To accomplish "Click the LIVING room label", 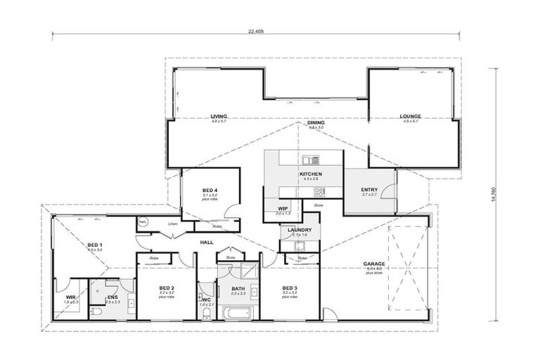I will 219,117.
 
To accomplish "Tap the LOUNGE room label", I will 410,117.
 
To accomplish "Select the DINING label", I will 316,123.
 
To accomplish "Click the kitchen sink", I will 311,160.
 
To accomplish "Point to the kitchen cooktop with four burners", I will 319,191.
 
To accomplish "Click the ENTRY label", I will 369,190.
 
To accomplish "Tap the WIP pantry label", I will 283,209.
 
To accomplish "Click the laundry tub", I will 298,245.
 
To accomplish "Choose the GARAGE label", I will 373,265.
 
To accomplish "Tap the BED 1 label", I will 95,245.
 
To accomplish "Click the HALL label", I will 207,242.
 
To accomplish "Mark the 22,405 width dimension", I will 256,31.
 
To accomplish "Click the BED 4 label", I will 210,191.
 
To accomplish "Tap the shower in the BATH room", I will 249,271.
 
